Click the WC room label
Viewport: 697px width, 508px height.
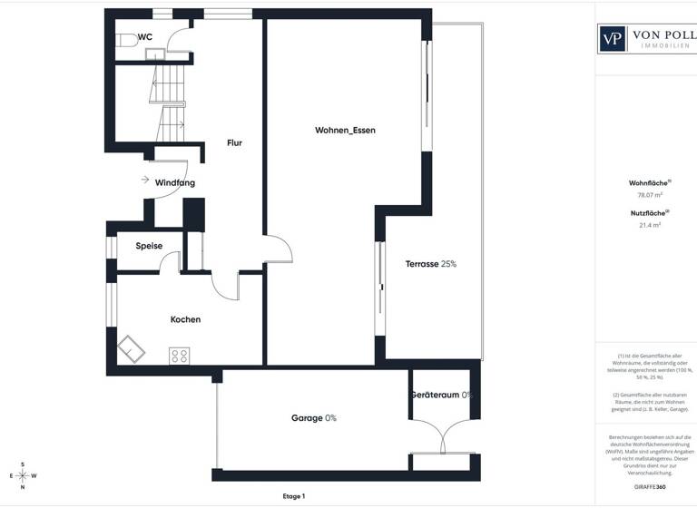[145, 37]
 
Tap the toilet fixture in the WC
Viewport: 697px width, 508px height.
[125, 41]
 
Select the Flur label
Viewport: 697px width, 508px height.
[234, 142]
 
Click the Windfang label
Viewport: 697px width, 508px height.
[174, 182]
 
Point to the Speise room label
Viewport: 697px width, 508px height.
[149, 246]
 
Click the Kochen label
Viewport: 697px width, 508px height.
[185, 319]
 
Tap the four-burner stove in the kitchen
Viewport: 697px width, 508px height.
[179, 356]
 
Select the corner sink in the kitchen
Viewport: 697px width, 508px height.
[133, 348]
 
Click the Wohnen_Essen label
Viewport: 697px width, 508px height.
[345, 131]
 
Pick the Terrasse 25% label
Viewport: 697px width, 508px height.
[430, 264]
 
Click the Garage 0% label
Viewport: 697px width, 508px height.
[314, 418]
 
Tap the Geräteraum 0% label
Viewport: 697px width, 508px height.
[442, 396]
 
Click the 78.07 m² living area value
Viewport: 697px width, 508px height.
[649, 194]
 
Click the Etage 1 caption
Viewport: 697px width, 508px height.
[294, 496]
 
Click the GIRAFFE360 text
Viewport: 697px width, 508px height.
[649, 488]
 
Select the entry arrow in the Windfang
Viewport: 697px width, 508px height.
[145, 180]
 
